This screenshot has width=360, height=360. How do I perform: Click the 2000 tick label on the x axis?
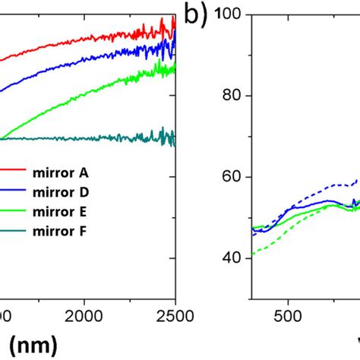tap(84, 314)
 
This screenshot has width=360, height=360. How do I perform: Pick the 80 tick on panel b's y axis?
tap(233, 96)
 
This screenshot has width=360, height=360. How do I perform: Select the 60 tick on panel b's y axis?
tap(233, 177)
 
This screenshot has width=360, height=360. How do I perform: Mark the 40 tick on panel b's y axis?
tap(233, 258)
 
